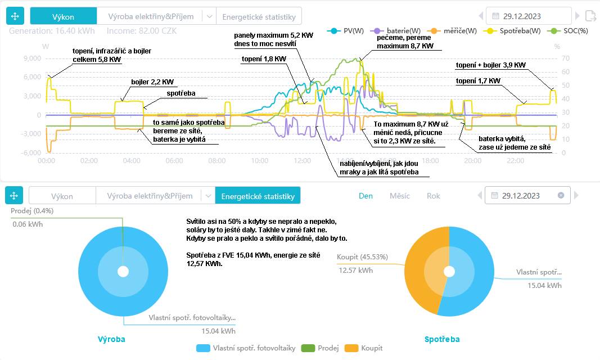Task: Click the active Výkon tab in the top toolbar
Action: (63, 16)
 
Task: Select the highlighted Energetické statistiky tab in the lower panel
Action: (258, 196)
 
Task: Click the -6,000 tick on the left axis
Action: (30, 153)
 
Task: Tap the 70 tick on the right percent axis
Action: (557, 58)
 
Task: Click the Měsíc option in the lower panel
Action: (399, 196)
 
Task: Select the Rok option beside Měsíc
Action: (434, 196)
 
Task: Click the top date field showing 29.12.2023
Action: (528, 16)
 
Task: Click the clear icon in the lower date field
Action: (561, 196)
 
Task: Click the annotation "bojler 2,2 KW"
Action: (152, 82)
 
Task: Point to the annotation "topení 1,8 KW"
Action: (263, 58)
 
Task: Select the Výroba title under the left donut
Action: (111, 339)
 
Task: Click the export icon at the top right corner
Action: (590, 16)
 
